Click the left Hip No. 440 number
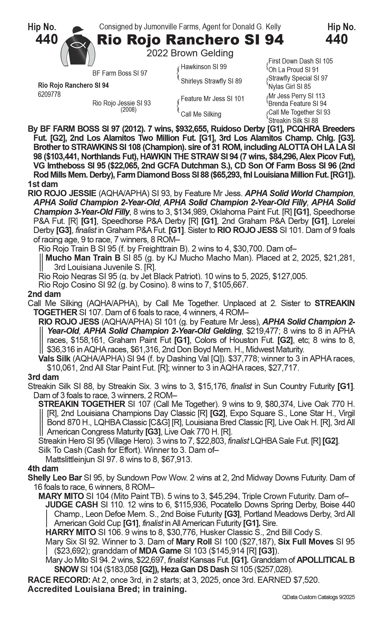click(x=47, y=39)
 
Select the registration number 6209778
click(x=49, y=94)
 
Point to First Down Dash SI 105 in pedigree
click(x=300, y=61)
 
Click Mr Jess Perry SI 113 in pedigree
click(x=296, y=96)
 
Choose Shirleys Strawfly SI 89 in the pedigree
click(x=211, y=81)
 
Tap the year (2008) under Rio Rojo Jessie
click(x=128, y=110)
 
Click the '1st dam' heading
click(x=43, y=184)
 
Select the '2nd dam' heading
click(x=44, y=294)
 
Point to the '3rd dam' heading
click(x=43, y=377)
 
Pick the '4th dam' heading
click(x=43, y=468)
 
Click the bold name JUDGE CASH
click(x=72, y=505)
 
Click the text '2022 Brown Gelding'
click(x=190, y=53)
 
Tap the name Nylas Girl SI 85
click(x=289, y=86)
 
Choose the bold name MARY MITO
click(x=61, y=496)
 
